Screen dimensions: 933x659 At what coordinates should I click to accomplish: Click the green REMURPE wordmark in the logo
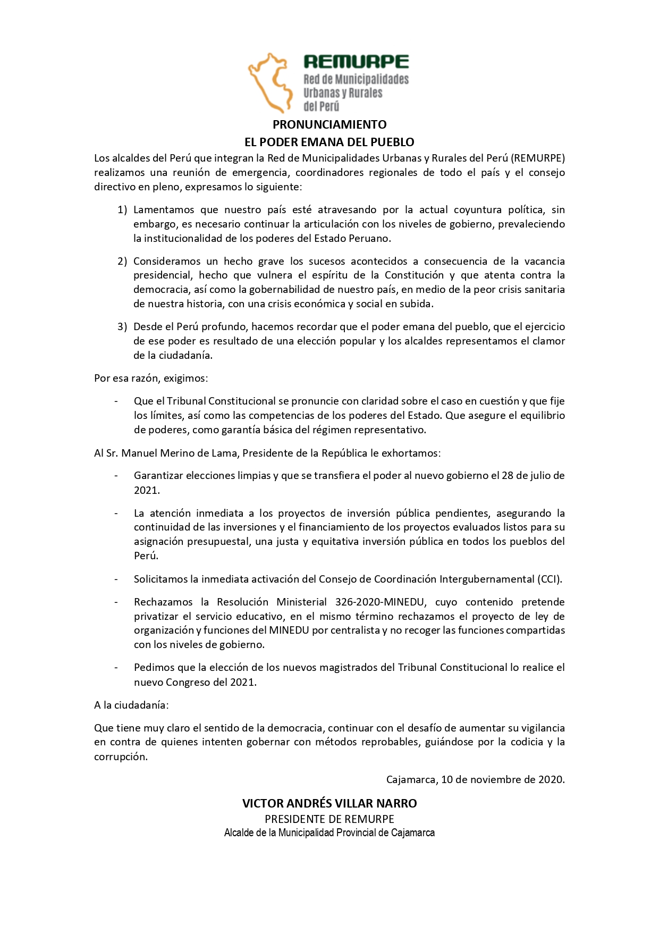coord(356,62)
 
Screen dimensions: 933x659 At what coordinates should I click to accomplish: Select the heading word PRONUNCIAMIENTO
coord(329,124)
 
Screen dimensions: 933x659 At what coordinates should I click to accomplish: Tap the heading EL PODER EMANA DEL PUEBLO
coord(329,142)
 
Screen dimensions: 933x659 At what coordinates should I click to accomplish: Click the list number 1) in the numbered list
coord(122,210)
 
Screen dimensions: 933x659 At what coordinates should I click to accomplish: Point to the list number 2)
coord(122,262)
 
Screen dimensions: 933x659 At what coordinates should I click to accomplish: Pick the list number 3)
coord(122,327)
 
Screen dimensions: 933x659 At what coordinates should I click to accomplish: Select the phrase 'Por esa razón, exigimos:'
coord(151,379)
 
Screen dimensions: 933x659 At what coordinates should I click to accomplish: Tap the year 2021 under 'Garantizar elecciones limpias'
coord(146,490)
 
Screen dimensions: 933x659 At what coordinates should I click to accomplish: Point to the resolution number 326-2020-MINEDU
coord(380,602)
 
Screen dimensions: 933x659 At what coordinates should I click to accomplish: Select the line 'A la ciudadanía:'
coord(131,705)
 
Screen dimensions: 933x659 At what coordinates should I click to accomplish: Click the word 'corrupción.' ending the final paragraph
coord(121,757)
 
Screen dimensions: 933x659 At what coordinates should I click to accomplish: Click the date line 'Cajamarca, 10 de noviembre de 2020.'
coord(475,780)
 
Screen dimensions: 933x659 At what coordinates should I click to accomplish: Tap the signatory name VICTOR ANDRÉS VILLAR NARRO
coord(329,803)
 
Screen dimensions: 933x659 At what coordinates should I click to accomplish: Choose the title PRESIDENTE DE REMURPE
coord(329,819)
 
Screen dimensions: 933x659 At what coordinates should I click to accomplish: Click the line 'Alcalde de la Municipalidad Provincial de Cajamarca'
coord(329,833)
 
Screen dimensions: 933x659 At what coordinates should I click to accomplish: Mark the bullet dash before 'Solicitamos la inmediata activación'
coord(116,579)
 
